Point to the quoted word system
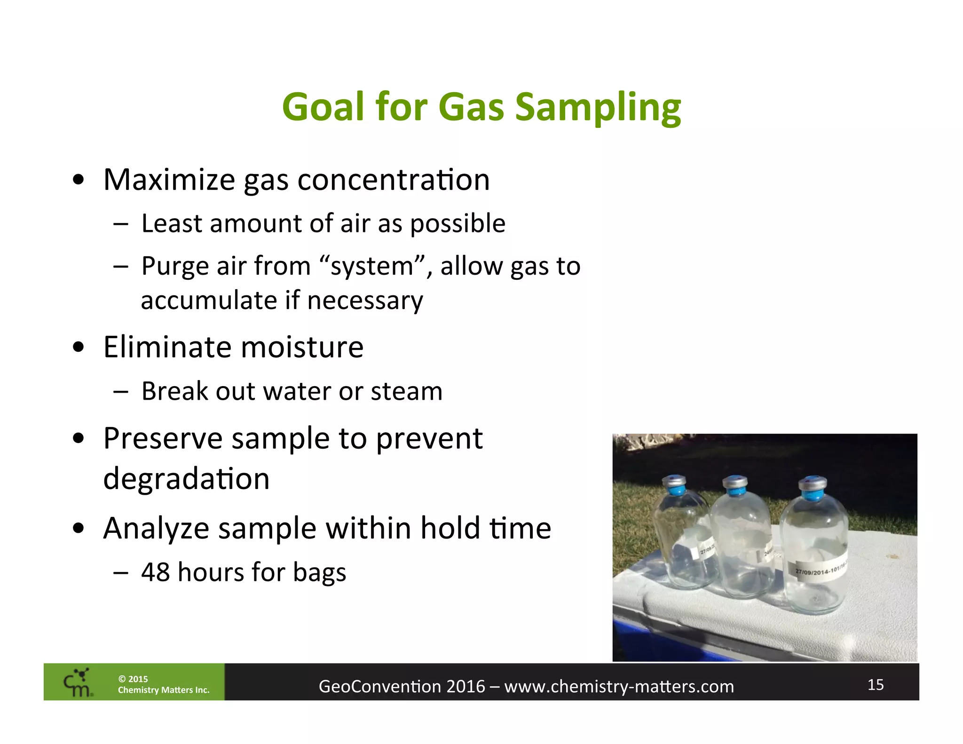tap(372, 266)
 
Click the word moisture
tap(302, 347)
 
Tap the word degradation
tap(186, 479)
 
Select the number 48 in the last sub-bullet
tap(155, 572)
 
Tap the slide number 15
tap(875, 685)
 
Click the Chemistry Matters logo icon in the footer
tap(78, 682)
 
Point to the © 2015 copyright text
tap(133, 679)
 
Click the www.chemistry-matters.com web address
tap(619, 687)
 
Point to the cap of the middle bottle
tap(735, 486)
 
